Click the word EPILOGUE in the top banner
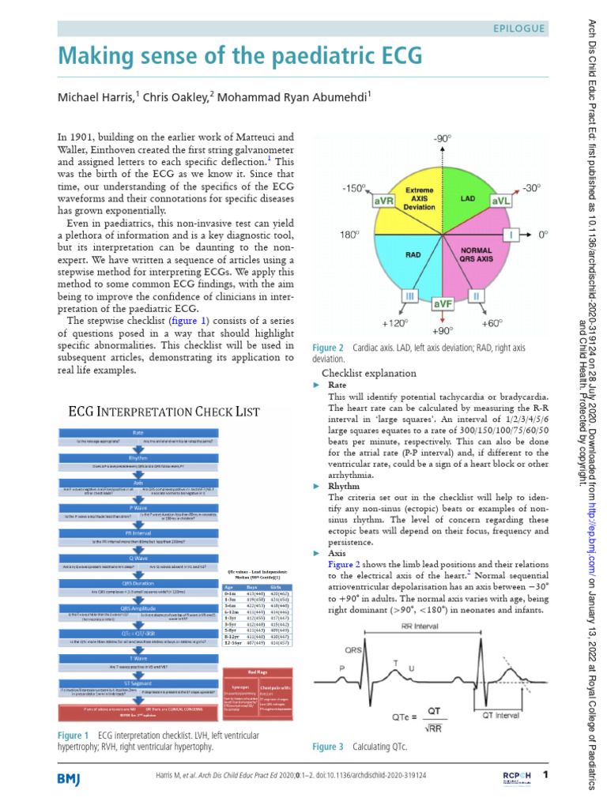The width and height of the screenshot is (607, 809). point(518,28)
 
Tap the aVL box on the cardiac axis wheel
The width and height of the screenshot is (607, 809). point(501,201)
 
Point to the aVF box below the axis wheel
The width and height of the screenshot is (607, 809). point(443,303)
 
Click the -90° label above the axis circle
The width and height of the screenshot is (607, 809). point(443,138)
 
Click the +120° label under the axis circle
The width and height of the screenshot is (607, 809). point(394,324)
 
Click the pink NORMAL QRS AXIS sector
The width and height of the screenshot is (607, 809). point(475,261)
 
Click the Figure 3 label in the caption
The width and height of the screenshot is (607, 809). point(328,747)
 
